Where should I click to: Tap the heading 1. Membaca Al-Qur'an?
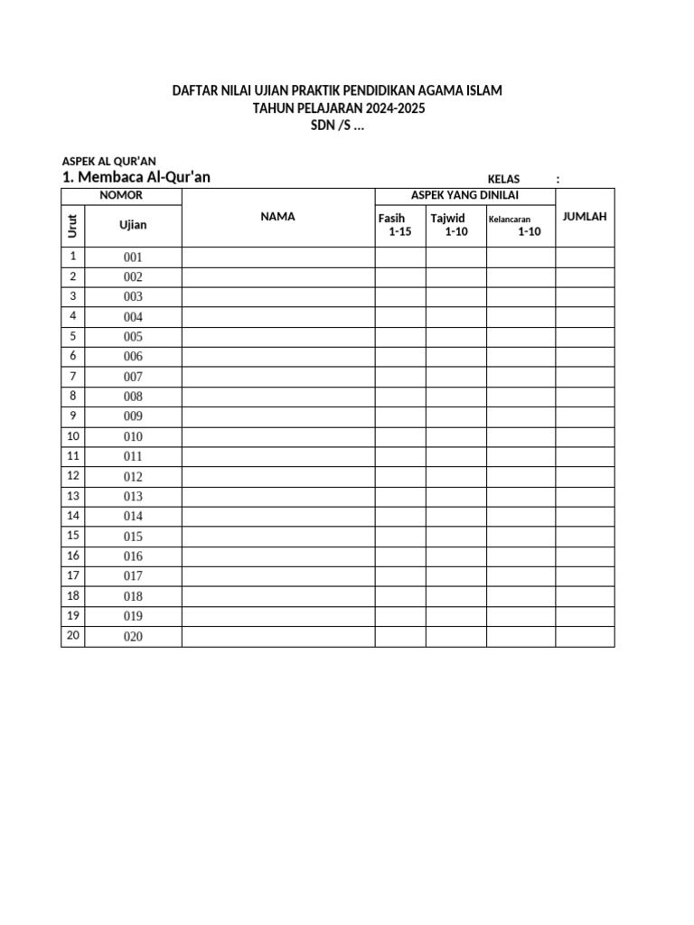136,177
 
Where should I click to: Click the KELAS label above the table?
503,180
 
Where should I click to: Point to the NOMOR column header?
121,196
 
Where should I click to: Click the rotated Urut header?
73,224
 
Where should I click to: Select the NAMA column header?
278,217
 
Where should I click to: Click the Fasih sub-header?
391,218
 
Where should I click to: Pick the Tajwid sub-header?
447,218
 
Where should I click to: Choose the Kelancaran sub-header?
510,219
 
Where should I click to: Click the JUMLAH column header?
585,217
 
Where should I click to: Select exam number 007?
133,377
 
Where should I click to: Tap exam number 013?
133,497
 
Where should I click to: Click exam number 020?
133,637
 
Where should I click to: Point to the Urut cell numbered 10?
73,436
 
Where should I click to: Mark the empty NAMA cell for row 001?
278,257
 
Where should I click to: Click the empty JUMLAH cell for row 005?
585,337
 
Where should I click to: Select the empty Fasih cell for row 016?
400,556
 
